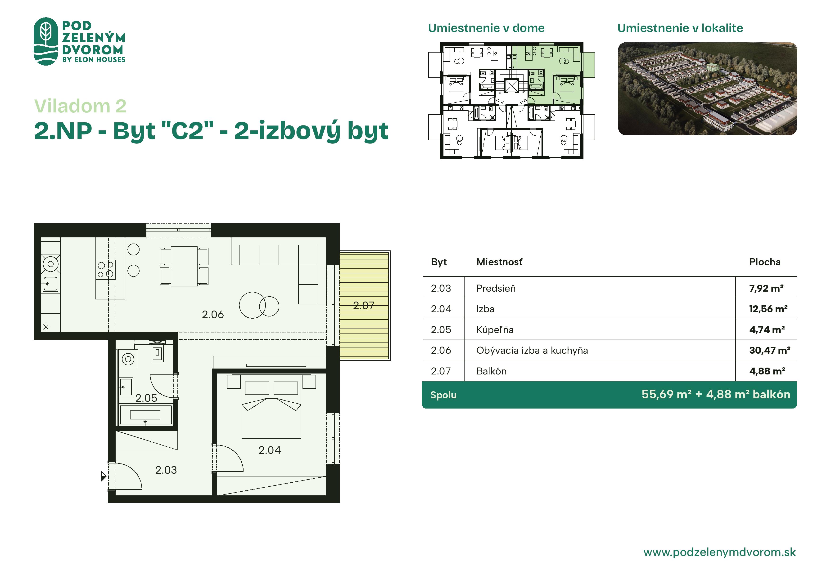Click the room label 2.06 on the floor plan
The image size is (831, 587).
[212, 314]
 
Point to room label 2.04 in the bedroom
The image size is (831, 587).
[269, 450]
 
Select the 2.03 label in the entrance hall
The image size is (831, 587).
[166, 470]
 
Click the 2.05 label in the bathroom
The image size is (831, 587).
[146, 398]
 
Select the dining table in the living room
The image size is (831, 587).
[184, 266]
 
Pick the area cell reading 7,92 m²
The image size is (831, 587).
[766, 288]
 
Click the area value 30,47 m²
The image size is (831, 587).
[769, 350]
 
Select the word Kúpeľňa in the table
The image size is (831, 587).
[495, 329]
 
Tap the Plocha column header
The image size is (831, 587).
[764, 262]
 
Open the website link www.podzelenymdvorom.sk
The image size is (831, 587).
[719, 552]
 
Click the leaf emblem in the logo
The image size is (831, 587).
[46, 41]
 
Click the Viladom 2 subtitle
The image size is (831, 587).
[80, 106]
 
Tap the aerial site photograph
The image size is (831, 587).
[707, 89]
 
